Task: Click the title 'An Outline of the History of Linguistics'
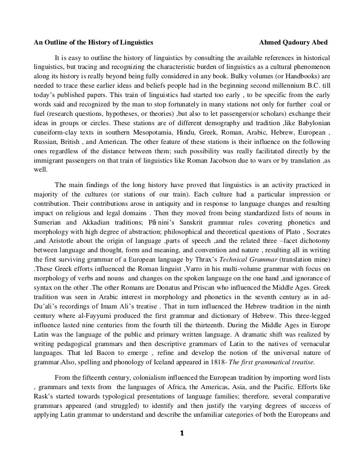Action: click(x=93, y=42)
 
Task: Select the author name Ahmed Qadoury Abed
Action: click(x=293, y=42)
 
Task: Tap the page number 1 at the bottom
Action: click(x=181, y=433)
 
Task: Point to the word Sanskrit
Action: click(x=192, y=222)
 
